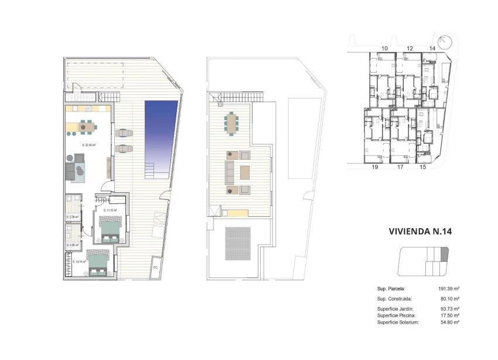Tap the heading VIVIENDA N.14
[x=420, y=231]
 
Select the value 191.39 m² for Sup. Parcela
[x=448, y=288]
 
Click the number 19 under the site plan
[x=374, y=167]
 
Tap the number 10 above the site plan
[x=385, y=48]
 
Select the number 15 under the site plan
[x=422, y=167]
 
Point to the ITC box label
[x=155, y=269]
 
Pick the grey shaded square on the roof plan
[x=238, y=243]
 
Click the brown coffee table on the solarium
[x=244, y=172]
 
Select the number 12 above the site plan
[x=410, y=48]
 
